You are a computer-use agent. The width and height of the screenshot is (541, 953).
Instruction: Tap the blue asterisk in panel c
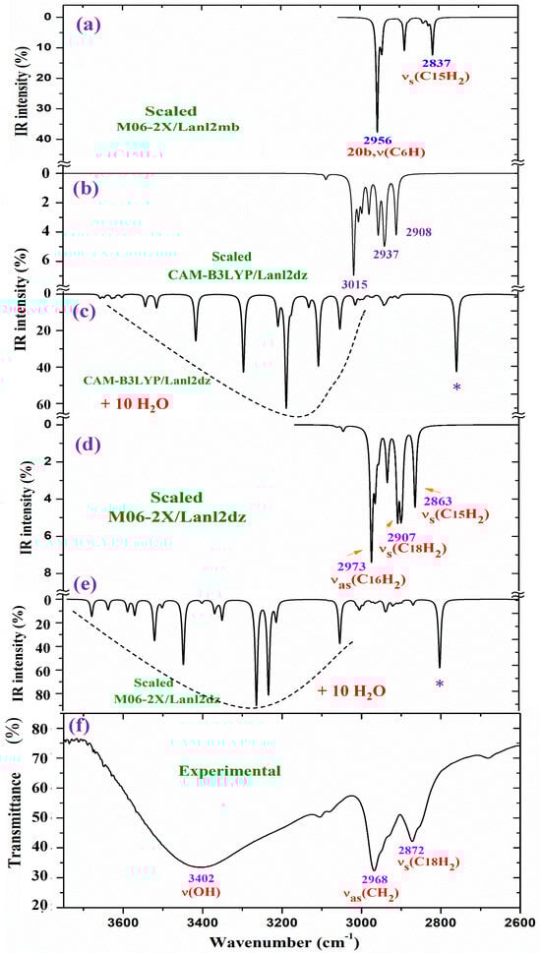(x=456, y=388)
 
